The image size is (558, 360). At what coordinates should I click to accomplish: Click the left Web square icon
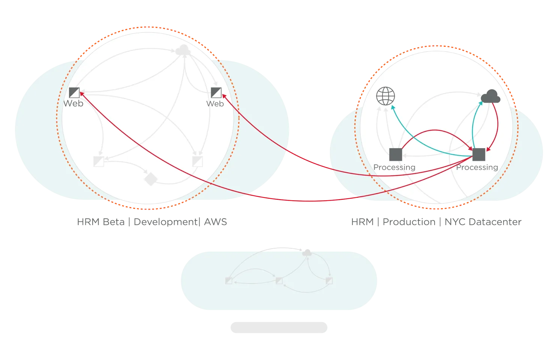[74, 92]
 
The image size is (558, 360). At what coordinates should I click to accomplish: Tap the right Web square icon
[216, 92]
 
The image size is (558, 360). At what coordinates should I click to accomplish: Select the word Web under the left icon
[73, 103]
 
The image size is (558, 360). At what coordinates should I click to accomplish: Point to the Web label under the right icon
[215, 103]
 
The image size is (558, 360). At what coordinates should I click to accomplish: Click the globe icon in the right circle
[385, 96]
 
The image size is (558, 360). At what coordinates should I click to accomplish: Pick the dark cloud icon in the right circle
[490, 97]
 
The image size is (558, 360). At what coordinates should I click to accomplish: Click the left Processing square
[396, 154]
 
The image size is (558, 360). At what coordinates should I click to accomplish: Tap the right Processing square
[479, 154]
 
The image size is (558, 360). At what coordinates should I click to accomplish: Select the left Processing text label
[394, 167]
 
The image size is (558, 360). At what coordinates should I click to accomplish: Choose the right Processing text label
[477, 167]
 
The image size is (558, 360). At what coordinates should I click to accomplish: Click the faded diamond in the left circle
[150, 178]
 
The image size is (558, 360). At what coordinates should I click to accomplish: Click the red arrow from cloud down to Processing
[497, 124]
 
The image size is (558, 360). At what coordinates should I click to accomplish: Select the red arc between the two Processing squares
[435, 130]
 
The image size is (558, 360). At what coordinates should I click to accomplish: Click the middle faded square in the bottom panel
[279, 280]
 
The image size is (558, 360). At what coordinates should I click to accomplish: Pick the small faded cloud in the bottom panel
[307, 253]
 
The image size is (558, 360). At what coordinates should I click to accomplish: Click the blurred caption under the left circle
[151, 222]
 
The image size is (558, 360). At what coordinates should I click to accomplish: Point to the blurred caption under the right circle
[436, 222]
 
